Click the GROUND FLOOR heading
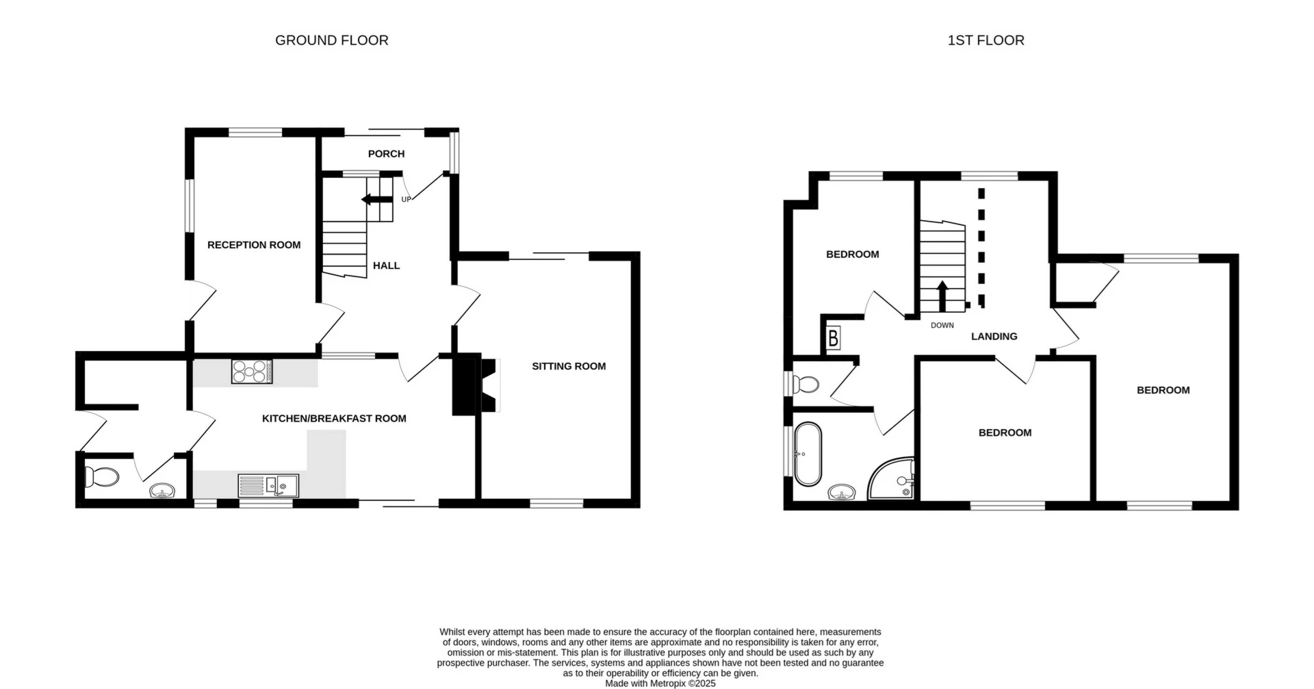[x=331, y=40]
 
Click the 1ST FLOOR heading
[x=985, y=40]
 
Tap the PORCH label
[x=386, y=154]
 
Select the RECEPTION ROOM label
[x=254, y=245]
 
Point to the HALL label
[x=386, y=265]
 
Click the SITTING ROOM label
[x=569, y=366]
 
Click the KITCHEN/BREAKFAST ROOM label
[x=334, y=418]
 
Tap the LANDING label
[x=994, y=336]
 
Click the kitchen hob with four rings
[x=251, y=372]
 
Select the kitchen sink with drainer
[x=268, y=485]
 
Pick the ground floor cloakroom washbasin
[x=163, y=491]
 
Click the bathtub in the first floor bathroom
[x=808, y=454]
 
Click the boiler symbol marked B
[x=833, y=339]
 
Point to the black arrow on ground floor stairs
[x=376, y=199]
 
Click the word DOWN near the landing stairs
[x=942, y=325]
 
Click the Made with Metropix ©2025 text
[x=660, y=683]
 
